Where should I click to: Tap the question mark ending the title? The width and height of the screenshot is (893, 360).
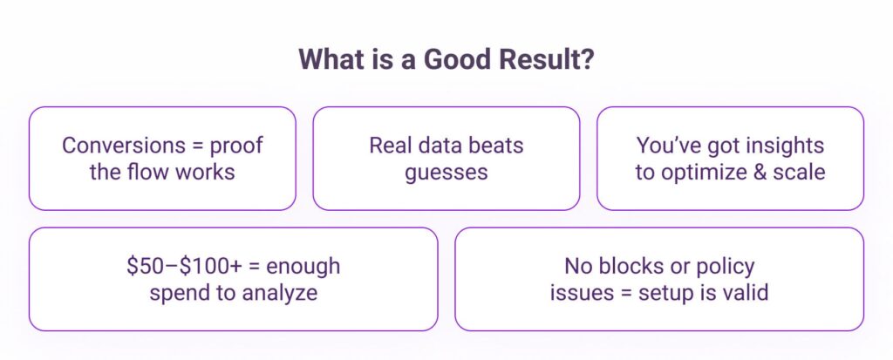[588, 59]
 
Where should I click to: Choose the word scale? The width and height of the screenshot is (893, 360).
[799, 172]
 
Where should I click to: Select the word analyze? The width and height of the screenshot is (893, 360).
[280, 294]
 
